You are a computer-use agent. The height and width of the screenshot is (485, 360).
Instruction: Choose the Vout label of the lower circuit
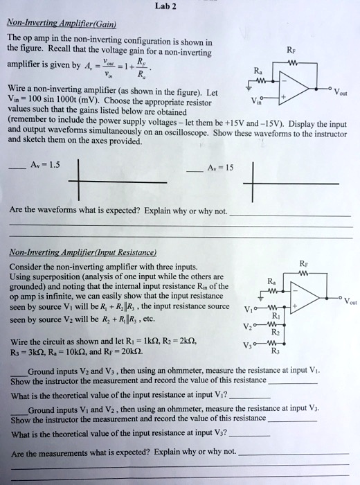click(350, 301)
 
